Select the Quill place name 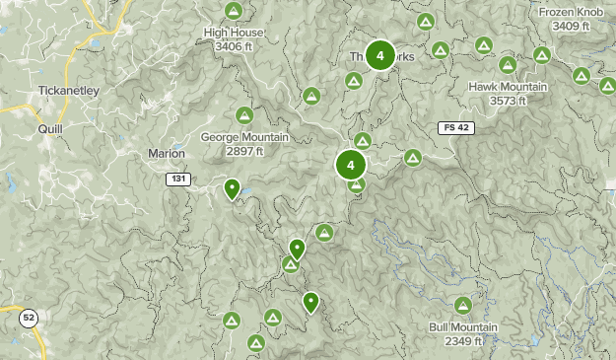[x=49, y=128]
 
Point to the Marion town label [x=166, y=153]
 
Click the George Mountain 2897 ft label [x=243, y=144]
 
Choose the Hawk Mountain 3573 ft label [x=507, y=94]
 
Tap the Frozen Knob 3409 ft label [x=572, y=19]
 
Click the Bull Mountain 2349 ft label [x=463, y=333]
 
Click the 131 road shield [x=177, y=179]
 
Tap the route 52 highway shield [x=29, y=317]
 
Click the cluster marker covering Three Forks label [x=379, y=56]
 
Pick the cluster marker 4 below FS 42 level [x=350, y=165]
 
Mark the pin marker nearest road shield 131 [x=233, y=187]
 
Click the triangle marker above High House [x=233, y=11]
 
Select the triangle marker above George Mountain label [x=243, y=113]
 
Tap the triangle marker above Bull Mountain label [x=463, y=305]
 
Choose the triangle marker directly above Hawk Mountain [x=507, y=65]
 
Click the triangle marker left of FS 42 [x=412, y=157]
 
